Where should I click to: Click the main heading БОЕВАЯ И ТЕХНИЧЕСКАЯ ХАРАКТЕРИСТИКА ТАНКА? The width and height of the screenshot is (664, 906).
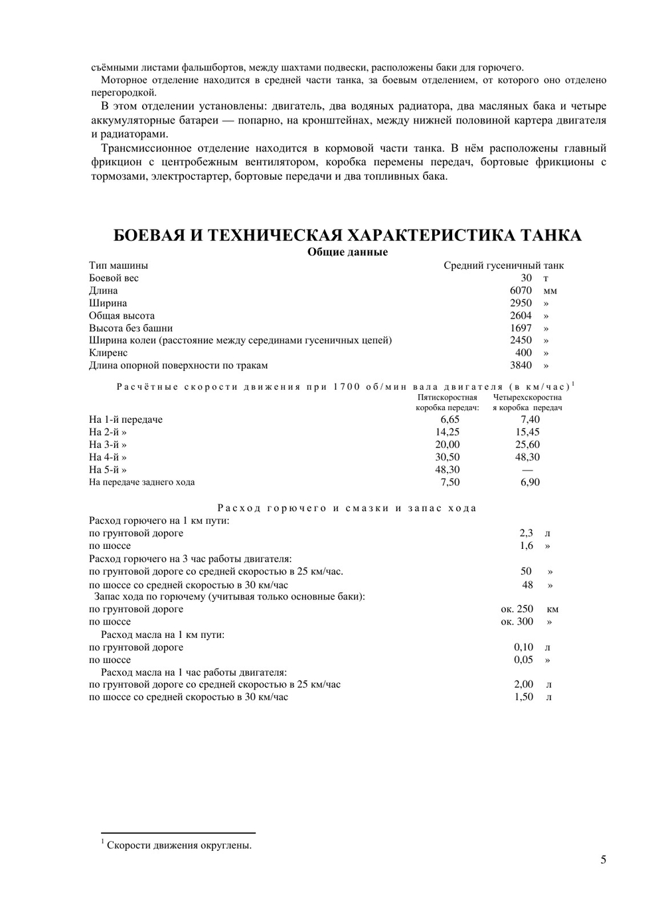(x=347, y=236)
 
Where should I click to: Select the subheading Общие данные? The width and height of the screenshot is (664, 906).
(x=347, y=252)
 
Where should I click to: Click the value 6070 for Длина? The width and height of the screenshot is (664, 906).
(x=521, y=291)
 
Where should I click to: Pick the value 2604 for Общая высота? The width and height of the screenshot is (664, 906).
(x=521, y=316)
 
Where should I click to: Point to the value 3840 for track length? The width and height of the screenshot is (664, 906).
(x=521, y=366)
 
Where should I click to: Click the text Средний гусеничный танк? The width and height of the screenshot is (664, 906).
(x=503, y=265)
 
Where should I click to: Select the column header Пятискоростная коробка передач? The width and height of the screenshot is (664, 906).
(x=448, y=402)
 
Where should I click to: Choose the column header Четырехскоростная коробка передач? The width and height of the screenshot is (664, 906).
(x=527, y=402)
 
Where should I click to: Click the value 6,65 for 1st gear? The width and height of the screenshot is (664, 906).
(x=450, y=419)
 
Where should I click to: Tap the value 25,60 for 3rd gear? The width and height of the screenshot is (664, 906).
(x=527, y=445)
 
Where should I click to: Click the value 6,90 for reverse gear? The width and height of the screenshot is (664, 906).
(x=530, y=483)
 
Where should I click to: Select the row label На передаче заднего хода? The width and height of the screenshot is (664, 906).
(x=142, y=483)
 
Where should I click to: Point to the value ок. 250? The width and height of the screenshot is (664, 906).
(x=517, y=609)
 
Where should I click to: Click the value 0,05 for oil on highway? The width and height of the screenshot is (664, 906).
(x=523, y=660)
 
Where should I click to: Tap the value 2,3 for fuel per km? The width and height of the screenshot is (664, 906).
(x=526, y=533)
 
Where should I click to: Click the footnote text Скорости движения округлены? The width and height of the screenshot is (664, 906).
(x=179, y=846)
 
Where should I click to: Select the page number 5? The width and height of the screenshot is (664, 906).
(x=603, y=860)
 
